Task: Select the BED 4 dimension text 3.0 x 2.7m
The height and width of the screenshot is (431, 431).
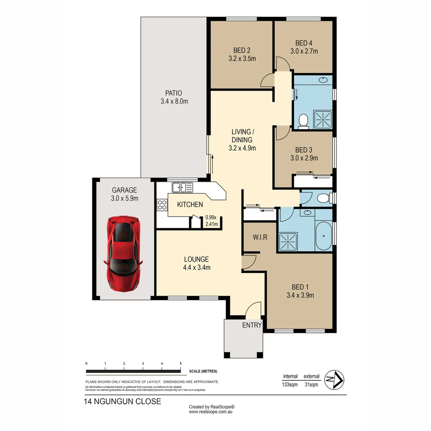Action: pos(304,51)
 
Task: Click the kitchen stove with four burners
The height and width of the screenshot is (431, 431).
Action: pos(162,205)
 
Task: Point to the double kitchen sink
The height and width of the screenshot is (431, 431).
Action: pos(182,187)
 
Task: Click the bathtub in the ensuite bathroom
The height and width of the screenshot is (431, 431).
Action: pos(323,236)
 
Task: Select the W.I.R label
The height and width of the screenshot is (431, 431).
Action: pos(259,237)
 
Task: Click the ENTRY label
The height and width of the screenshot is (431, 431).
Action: pos(252,325)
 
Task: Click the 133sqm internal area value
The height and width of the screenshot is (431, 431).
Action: pos(290,385)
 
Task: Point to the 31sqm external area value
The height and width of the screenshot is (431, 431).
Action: pos(311,385)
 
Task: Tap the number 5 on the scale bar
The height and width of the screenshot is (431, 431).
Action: pos(181,364)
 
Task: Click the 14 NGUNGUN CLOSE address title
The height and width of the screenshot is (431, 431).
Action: pos(123,401)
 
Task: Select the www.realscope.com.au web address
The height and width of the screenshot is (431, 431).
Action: pos(211,411)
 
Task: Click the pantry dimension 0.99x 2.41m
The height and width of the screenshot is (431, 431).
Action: pos(211,221)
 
